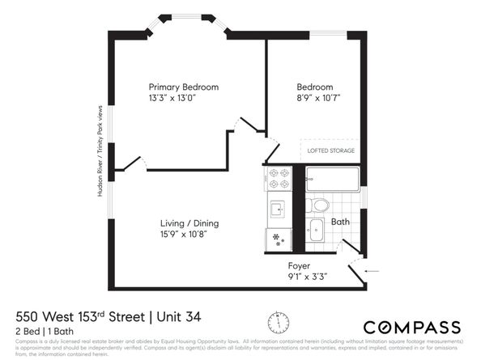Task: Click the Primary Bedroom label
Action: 183,87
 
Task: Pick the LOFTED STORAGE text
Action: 330,150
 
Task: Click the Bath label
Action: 340,221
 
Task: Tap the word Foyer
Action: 300,265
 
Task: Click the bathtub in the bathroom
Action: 333,180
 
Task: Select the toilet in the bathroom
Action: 318,205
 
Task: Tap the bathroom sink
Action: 316,230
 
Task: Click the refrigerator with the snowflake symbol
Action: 279,239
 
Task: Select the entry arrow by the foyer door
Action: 372,271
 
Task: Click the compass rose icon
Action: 278,321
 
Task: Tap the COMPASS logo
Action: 411,328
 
